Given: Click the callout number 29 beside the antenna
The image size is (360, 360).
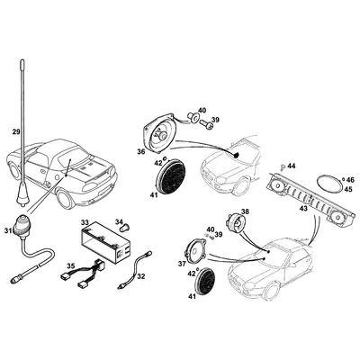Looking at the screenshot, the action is [x=16, y=131].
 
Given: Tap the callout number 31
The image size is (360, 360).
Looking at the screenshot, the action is [x=8, y=230].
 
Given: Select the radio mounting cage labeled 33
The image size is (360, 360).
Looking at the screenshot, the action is [x=106, y=242].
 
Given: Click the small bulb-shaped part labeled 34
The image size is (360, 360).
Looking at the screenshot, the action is [x=123, y=229].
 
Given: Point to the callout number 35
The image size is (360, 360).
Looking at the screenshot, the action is [x=71, y=265].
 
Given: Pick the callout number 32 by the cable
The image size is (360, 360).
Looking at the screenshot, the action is [x=141, y=276].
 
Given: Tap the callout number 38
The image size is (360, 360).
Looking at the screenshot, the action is [x=245, y=211].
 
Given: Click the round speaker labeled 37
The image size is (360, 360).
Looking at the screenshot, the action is [x=196, y=249].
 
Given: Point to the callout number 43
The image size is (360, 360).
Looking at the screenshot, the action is [x=304, y=208].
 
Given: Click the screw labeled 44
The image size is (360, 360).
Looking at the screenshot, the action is [x=283, y=166].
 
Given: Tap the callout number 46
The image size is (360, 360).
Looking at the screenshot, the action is [x=350, y=180].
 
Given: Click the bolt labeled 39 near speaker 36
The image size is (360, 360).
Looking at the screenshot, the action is [x=206, y=123].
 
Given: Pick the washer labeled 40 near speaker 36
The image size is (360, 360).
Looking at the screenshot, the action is [x=193, y=117].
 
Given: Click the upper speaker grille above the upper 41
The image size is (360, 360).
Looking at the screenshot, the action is [x=171, y=177].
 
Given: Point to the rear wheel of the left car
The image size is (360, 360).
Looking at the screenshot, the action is [x=65, y=199].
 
